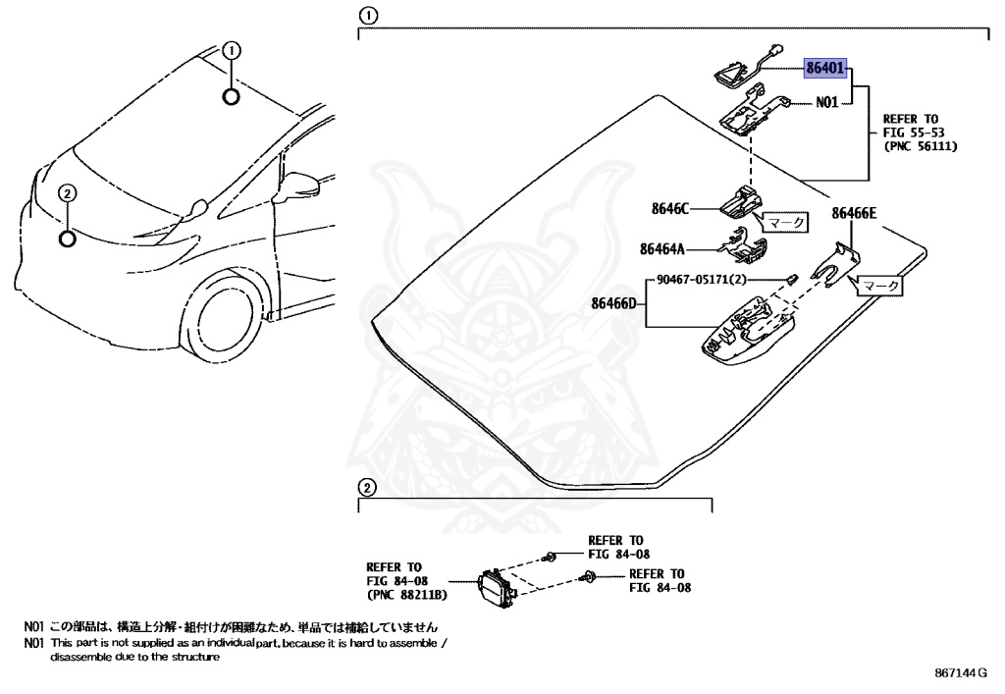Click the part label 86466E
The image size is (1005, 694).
(855, 212)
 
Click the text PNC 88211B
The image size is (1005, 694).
(406, 595)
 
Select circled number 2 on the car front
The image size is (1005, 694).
(66, 193)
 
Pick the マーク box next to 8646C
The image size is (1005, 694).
(786, 222)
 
